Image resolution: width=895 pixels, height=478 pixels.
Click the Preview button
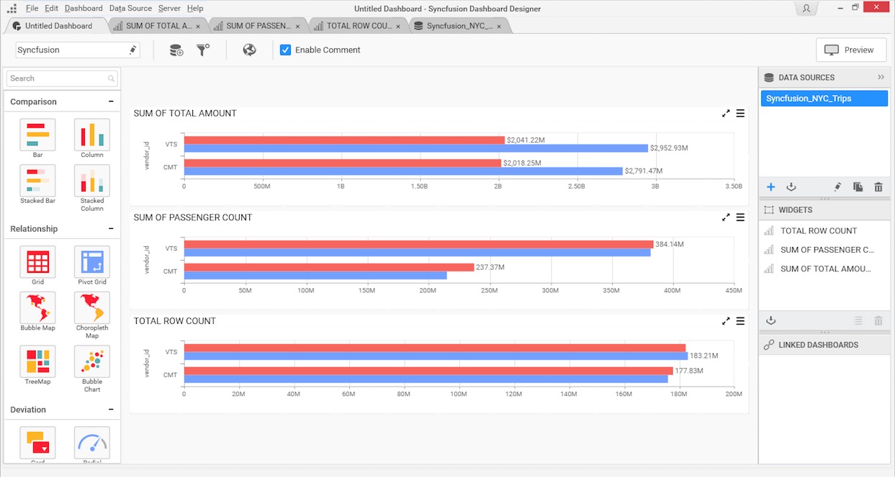(x=850, y=50)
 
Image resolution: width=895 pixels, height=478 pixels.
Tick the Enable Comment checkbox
(x=286, y=50)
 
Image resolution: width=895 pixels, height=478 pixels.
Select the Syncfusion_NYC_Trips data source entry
(x=824, y=99)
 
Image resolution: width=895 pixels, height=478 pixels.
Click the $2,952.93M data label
(x=669, y=148)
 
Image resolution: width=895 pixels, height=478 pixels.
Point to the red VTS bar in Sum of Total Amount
(x=344, y=140)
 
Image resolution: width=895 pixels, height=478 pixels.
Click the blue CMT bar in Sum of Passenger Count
(x=315, y=276)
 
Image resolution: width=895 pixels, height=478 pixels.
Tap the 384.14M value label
(x=670, y=244)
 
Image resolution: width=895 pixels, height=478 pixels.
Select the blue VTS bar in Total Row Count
(x=436, y=356)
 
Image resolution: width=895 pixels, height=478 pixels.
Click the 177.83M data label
(x=689, y=371)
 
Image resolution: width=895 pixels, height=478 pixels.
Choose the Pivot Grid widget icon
(x=92, y=263)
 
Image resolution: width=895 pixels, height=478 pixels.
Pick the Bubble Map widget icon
(x=37, y=309)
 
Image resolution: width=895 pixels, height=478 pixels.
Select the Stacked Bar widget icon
(x=37, y=181)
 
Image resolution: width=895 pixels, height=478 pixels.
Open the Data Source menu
(x=130, y=9)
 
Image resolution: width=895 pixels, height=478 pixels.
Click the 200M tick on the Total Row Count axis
(x=734, y=394)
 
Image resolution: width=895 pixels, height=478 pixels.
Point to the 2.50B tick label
(x=577, y=186)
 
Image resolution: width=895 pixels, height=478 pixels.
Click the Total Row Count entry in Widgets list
(x=819, y=231)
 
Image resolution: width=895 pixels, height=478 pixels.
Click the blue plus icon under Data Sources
(x=770, y=187)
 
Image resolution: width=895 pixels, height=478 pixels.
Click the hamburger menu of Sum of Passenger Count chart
(x=740, y=217)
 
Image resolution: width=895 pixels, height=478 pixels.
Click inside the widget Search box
(x=61, y=78)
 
